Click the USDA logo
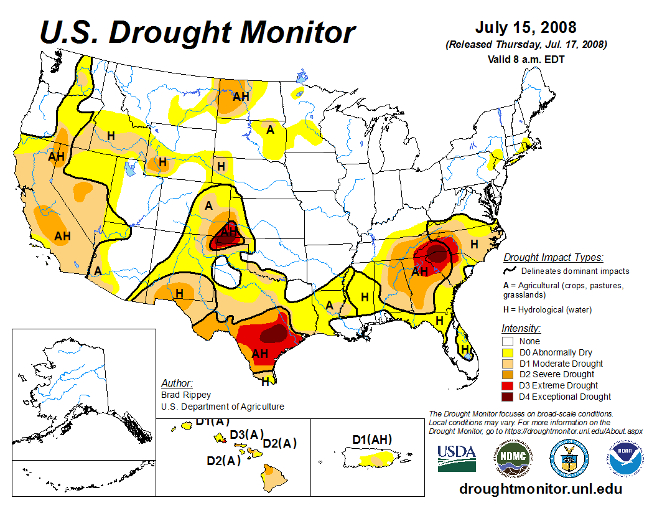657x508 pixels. pyautogui.click(x=457, y=458)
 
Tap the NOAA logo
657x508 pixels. pyautogui.click(x=625, y=458)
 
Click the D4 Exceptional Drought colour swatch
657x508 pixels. pyautogui.click(x=508, y=397)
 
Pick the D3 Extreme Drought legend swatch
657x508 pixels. pyautogui.click(x=508, y=385)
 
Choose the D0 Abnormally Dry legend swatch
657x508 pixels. pyautogui.click(x=508, y=352)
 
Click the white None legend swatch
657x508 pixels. pyautogui.click(x=508, y=341)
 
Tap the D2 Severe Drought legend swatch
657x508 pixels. pyautogui.click(x=508, y=374)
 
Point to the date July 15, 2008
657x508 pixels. pyautogui.click(x=526, y=28)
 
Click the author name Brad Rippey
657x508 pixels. pyautogui.click(x=186, y=395)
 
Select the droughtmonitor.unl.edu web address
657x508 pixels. pyautogui.click(x=541, y=489)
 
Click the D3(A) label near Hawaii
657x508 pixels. pyautogui.click(x=247, y=434)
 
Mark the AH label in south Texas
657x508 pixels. pyautogui.click(x=259, y=354)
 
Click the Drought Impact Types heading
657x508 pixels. pyautogui.click(x=553, y=257)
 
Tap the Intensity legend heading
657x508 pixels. pyautogui.click(x=521, y=328)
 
